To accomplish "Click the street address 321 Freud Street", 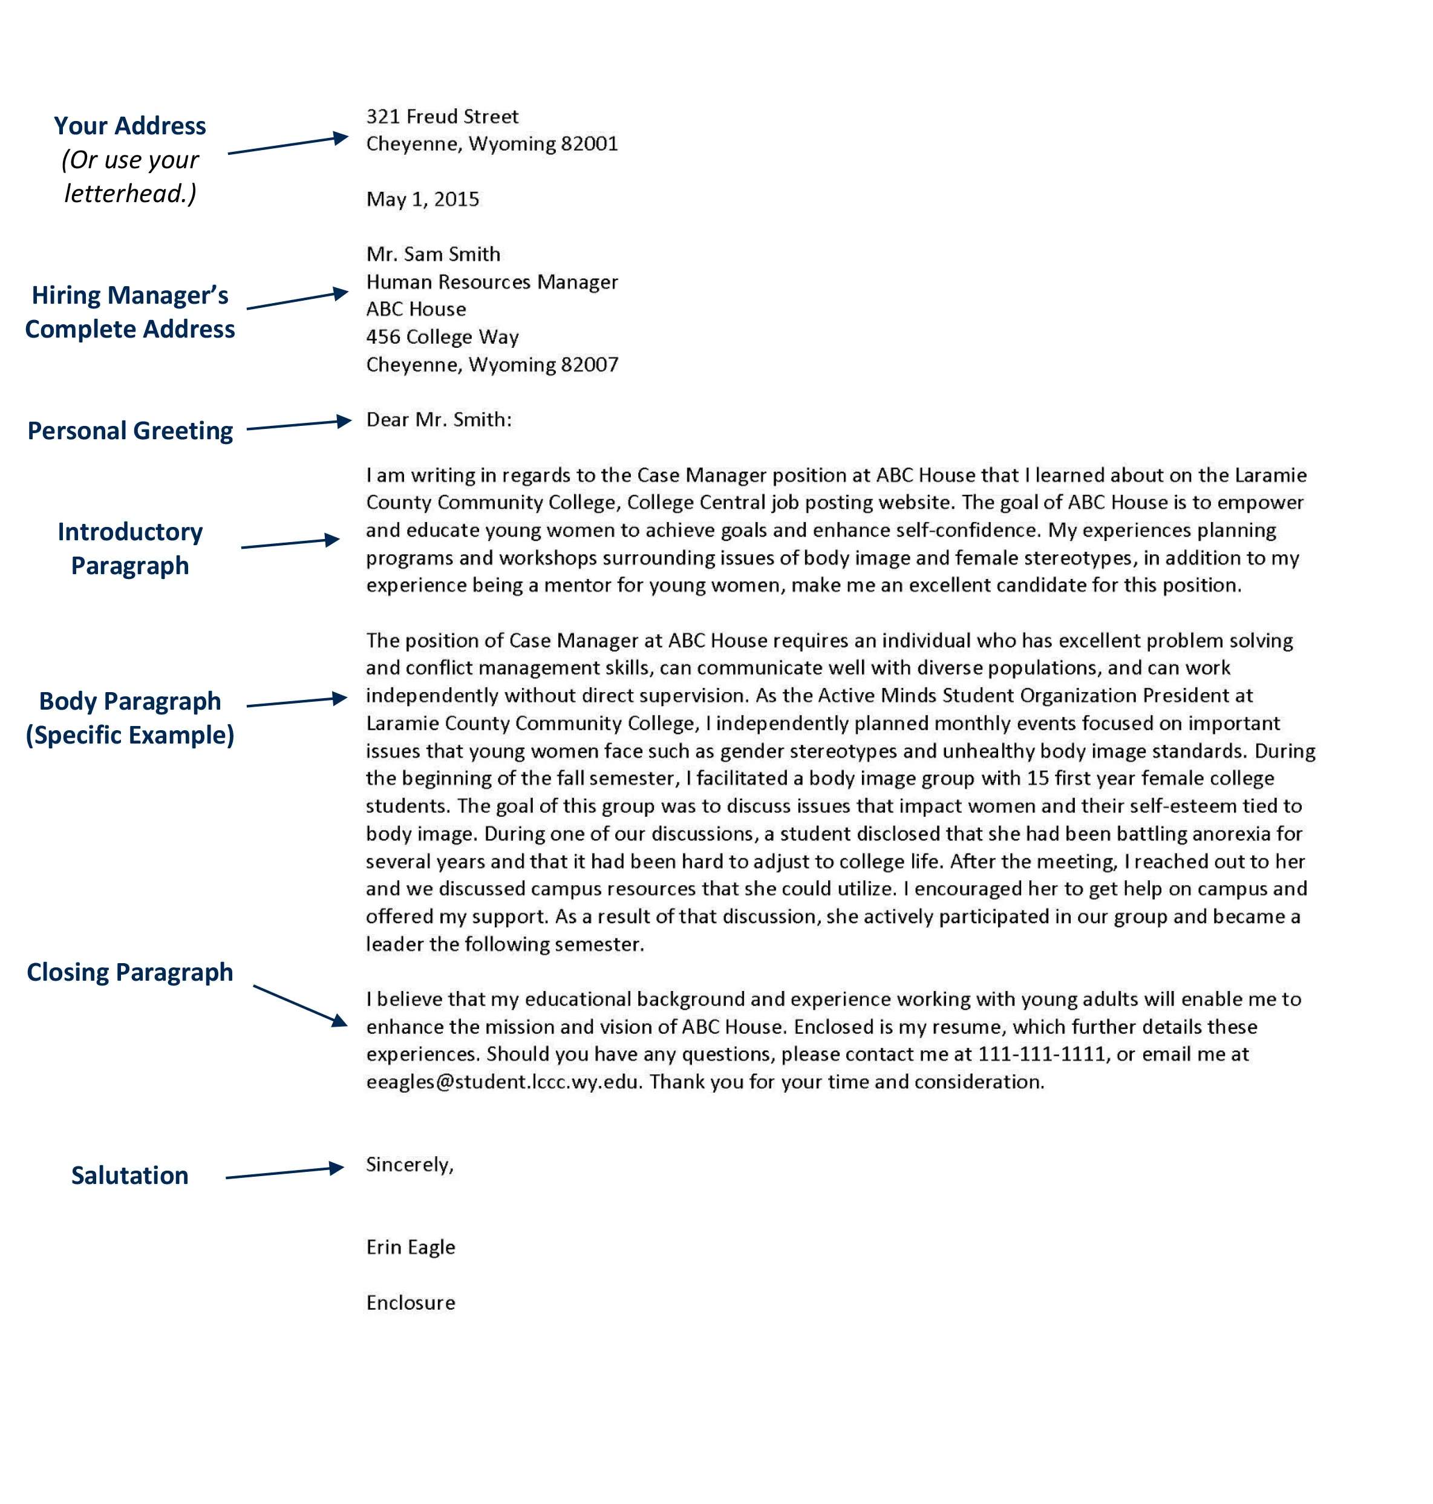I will point(442,116).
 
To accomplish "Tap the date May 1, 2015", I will point(422,200).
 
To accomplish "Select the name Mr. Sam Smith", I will point(433,254).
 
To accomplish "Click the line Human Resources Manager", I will point(491,282).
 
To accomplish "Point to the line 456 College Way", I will point(442,337).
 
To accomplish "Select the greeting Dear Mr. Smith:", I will point(439,420).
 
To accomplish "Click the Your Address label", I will point(130,126).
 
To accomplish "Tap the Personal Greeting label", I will point(130,431).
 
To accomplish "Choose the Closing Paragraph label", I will point(130,972).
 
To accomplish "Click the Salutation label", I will point(130,1175).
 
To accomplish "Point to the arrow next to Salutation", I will point(285,1172).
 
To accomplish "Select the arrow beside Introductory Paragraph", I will point(290,543).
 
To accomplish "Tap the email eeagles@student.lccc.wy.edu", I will point(503,1082).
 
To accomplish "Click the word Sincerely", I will point(409,1165).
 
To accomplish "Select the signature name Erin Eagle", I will point(410,1247).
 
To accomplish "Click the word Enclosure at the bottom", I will point(410,1303).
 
